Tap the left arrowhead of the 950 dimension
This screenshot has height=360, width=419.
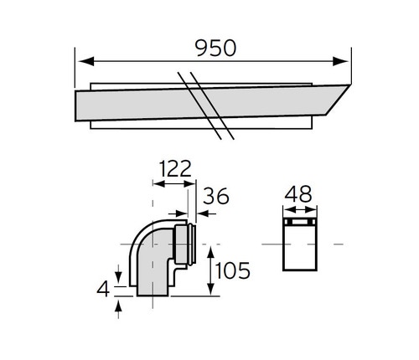(x=80, y=60)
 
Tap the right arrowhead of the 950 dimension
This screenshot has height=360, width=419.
(x=346, y=60)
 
